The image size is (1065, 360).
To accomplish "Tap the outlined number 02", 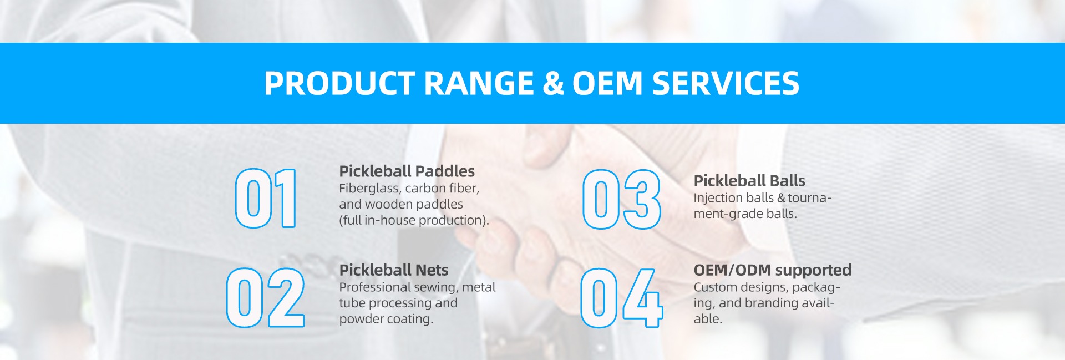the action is pos(265,297).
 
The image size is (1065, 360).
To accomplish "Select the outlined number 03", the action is pos(621,199).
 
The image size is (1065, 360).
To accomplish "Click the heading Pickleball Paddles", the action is pos(407,171).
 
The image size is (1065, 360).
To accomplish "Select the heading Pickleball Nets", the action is pos(393,270).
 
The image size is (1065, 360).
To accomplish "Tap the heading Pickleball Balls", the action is pos(749,181).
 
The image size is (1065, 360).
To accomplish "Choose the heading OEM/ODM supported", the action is pos(772,270).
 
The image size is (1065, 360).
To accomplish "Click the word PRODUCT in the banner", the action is pos(339,83).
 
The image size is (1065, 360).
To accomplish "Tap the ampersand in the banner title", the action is pos(553,83).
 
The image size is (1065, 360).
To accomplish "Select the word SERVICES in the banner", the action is pos(726,83).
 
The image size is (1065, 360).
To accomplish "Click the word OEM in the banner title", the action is pos(607,83).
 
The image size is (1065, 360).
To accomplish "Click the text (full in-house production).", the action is pos(414,220).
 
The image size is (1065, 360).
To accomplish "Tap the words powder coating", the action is pos(386,319).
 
